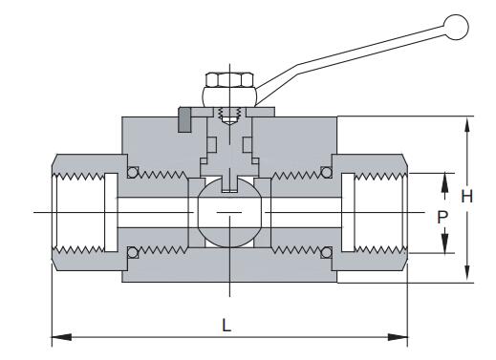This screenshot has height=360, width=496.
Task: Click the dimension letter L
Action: tap(226, 326)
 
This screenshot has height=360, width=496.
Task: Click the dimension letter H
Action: tap(467, 196)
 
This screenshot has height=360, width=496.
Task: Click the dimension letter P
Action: tap(442, 218)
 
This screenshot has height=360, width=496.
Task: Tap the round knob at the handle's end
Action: tap(456, 27)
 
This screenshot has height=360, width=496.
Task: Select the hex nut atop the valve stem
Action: tap(229, 80)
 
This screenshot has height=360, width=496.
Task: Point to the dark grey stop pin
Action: tap(184, 120)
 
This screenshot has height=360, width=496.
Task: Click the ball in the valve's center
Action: tap(229, 212)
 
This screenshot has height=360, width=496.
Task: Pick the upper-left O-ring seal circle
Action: tap(133, 172)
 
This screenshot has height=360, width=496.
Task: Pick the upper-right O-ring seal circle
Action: tap(326, 172)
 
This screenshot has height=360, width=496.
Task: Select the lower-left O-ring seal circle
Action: tap(133, 253)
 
